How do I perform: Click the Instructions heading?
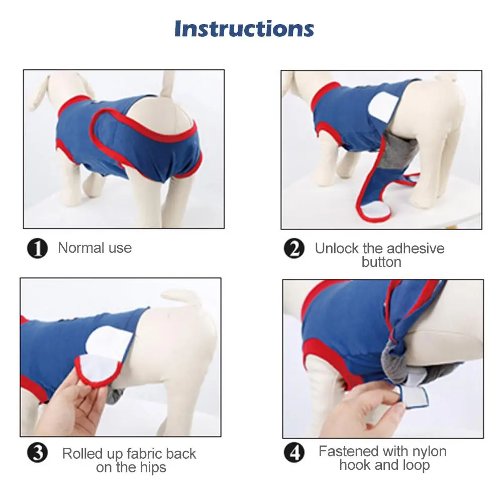click(x=244, y=29)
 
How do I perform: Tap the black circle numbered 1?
click(x=37, y=248)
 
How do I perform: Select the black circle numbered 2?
click(x=294, y=248)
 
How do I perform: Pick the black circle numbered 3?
click(x=37, y=452)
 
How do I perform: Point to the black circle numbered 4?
click(x=294, y=452)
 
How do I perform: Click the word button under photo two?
click(x=381, y=262)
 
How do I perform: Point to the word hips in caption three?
click(x=153, y=468)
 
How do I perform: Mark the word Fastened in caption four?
click(x=348, y=451)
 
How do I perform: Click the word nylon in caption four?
click(x=429, y=452)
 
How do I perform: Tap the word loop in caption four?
click(x=415, y=465)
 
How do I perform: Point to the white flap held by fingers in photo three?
click(x=97, y=367)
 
